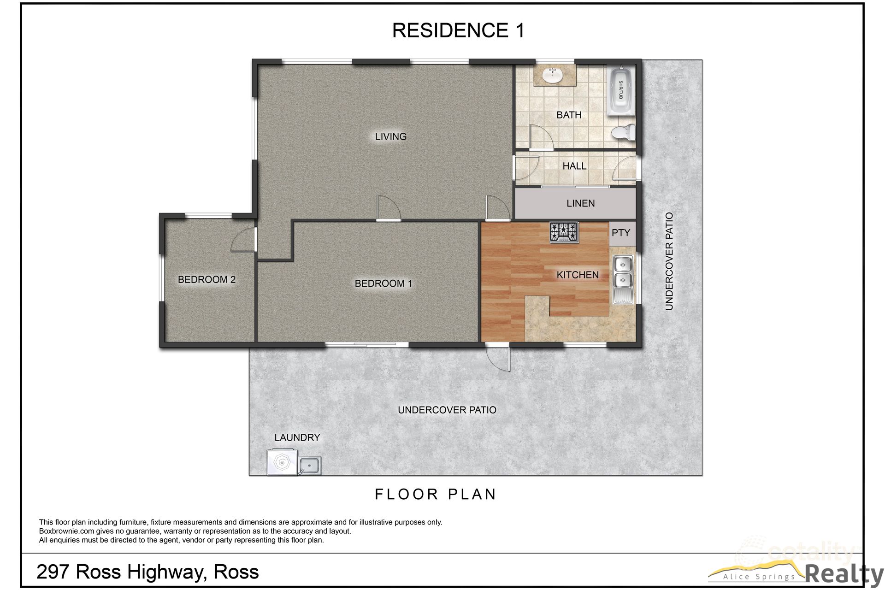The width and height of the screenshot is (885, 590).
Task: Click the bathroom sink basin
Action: click(553, 76)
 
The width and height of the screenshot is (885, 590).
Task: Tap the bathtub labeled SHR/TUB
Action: click(620, 91)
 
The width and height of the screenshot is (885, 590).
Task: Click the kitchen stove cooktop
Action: click(564, 232)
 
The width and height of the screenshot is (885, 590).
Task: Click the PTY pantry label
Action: click(620, 233)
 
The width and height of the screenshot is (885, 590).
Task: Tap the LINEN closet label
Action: click(580, 203)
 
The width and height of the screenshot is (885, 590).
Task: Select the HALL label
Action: click(574, 166)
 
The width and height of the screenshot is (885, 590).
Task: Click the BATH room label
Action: click(569, 115)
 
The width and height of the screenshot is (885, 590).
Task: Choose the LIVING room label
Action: click(390, 136)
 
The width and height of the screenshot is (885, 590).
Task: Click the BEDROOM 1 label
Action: click(383, 283)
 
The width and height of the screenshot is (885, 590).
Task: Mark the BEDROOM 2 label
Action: click(206, 279)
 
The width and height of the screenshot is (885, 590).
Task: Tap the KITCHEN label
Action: click(577, 275)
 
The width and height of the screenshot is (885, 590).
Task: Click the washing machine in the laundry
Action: click(282, 463)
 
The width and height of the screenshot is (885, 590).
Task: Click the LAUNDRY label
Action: click(297, 437)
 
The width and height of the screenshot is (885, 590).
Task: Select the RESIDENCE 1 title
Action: click(458, 30)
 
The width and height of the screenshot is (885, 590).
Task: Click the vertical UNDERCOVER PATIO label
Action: click(669, 261)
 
